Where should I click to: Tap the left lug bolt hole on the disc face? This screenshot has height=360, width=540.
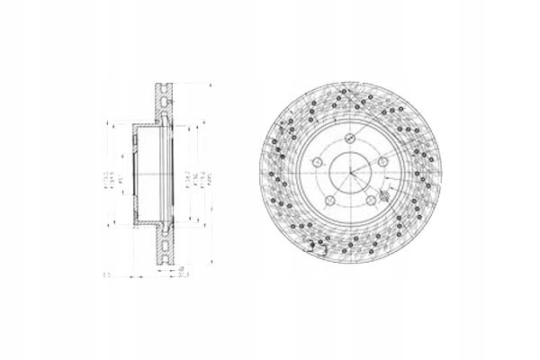tap(319, 163)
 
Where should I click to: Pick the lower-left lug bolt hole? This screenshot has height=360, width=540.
tap(330, 201)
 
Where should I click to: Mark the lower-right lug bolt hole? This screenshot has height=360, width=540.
tap(372, 201)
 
